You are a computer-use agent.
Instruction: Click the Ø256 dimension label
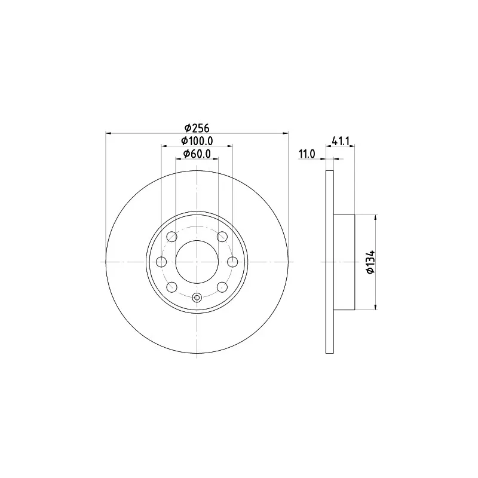[197, 128]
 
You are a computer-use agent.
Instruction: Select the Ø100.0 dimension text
[197, 141]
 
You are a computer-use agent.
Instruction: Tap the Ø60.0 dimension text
[197, 154]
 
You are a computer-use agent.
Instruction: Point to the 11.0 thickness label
[307, 154]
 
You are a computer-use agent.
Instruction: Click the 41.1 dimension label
[340, 141]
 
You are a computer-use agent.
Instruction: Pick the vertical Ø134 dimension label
[370, 262]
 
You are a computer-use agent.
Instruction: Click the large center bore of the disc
[197, 262]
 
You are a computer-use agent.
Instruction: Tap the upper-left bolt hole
[172, 237]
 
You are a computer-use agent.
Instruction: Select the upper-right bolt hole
[222, 237]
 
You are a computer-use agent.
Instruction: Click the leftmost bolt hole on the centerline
[161, 262]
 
